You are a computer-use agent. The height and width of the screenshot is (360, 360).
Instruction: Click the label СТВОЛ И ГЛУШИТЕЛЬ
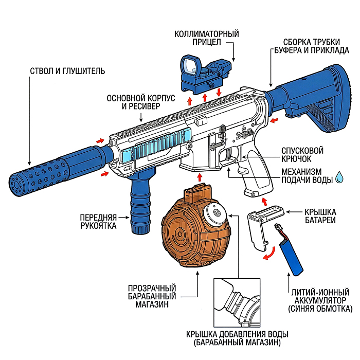tap(67, 70)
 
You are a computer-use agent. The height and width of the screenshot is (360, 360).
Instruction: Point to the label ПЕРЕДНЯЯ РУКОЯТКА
tap(98, 221)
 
